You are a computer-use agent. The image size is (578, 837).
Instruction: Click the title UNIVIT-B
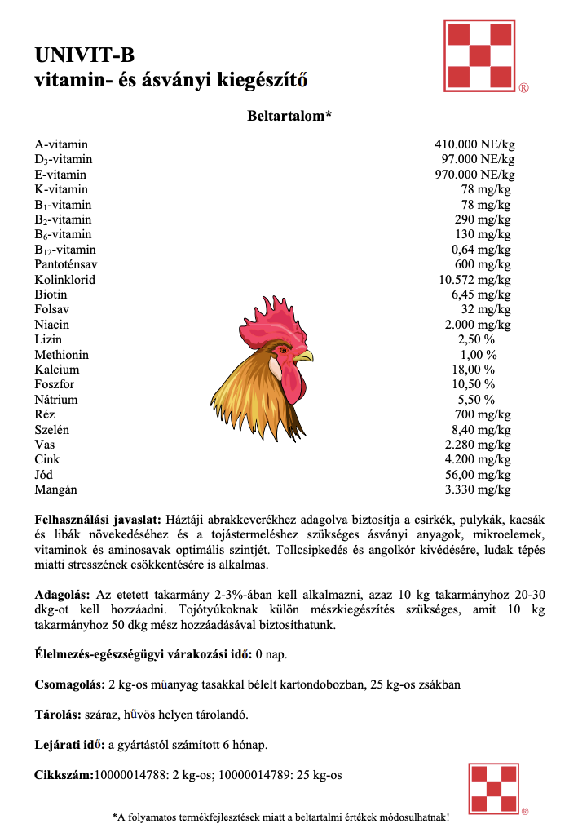pos(84,55)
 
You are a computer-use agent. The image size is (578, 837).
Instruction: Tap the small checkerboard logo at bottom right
pos(494,787)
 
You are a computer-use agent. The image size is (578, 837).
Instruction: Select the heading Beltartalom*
pos(289,117)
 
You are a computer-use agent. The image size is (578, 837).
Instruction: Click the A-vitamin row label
pos(61,144)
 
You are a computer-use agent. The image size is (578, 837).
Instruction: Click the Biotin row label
pos(51,294)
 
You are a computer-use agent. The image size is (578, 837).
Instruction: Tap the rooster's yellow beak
pos(303,356)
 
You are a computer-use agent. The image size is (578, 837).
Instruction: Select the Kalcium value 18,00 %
pos(477,370)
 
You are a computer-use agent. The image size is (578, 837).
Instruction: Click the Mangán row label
pos(55,489)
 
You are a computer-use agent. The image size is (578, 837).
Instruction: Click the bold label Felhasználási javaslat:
pos(98,519)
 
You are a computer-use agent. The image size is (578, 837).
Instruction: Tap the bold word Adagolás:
pos(63,595)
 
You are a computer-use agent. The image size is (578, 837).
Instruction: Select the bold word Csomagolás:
pos(69,684)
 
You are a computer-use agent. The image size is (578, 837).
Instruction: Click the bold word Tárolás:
pos(59,715)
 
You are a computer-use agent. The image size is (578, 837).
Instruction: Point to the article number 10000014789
pos(258,775)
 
